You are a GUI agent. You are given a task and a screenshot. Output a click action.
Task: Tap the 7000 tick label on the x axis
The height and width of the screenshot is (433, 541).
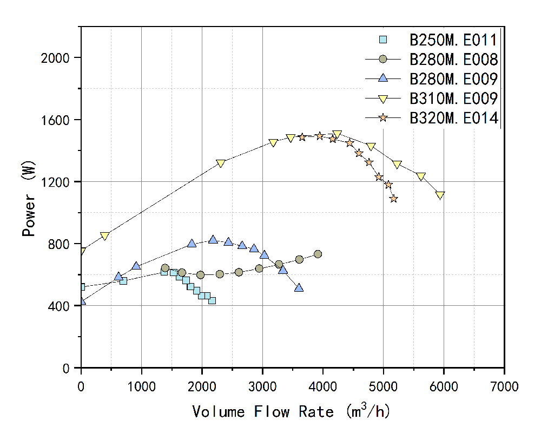(504, 386)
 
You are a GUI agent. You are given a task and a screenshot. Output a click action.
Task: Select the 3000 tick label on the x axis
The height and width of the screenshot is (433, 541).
(262, 386)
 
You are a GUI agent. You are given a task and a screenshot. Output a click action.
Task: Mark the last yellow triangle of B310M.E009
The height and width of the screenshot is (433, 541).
(440, 195)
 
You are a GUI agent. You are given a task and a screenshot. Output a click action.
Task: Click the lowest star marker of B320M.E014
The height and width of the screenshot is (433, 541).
(393, 199)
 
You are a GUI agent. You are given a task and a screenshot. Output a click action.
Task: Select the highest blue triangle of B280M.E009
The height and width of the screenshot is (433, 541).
(213, 239)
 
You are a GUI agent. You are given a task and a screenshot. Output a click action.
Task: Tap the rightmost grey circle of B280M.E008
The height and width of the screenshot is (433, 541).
(318, 254)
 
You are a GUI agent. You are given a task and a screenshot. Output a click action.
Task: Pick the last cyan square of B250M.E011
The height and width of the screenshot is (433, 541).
(212, 300)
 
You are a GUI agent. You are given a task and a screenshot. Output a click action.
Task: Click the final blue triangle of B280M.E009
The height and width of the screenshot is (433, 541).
(299, 287)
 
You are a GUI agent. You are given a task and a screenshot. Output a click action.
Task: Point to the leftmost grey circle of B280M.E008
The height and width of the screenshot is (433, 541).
(165, 268)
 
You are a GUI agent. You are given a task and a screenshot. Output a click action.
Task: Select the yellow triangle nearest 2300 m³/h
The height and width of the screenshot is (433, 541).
(220, 163)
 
